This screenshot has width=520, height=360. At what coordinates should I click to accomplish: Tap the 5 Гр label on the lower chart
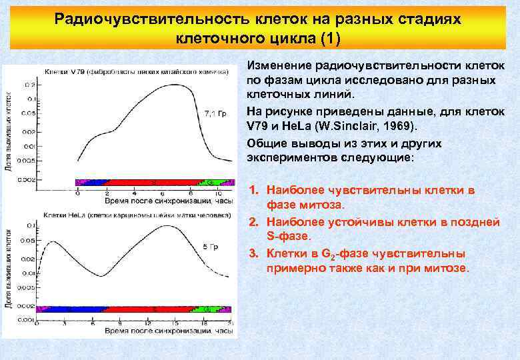(x=210, y=247)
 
